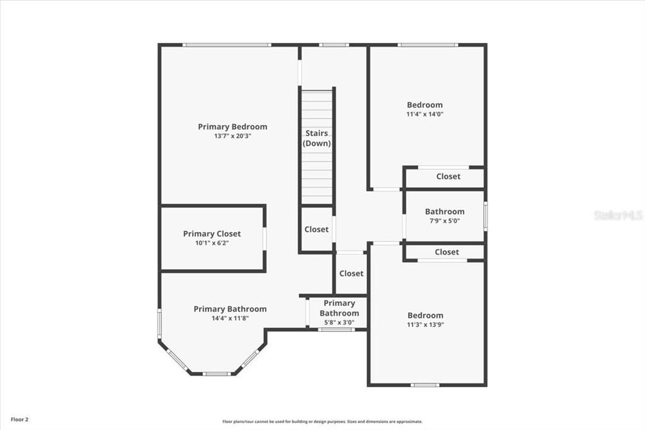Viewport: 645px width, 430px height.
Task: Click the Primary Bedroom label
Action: tap(232, 127)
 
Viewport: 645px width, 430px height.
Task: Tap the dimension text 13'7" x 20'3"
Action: tap(232, 136)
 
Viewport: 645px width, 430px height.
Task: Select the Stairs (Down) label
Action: tap(317, 138)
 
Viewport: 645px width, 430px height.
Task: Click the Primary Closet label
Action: tap(212, 234)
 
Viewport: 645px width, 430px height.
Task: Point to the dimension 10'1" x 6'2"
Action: tap(212, 243)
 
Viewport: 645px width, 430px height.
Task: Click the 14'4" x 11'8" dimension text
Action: tap(230, 318)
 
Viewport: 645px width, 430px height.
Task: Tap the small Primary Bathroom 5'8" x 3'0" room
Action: tap(339, 312)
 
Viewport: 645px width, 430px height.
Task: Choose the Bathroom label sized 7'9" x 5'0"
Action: tap(444, 212)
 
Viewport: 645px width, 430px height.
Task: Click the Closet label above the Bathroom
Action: tap(448, 177)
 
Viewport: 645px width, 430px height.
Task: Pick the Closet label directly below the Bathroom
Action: tap(447, 252)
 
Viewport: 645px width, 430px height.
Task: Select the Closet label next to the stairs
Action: tap(316, 230)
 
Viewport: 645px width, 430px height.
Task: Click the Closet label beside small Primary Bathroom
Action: tap(351, 274)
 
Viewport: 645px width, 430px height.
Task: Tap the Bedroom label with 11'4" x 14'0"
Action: tap(425, 105)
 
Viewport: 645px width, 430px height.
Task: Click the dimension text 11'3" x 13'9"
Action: tap(425, 325)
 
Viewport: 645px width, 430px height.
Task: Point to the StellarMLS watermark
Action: tap(618, 215)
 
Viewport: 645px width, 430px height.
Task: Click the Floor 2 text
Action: tap(19, 419)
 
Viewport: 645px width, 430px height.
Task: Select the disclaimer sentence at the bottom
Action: tap(322, 421)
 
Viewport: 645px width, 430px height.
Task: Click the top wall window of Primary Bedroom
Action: tap(227, 45)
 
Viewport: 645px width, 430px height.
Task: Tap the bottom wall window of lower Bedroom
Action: tap(425, 385)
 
